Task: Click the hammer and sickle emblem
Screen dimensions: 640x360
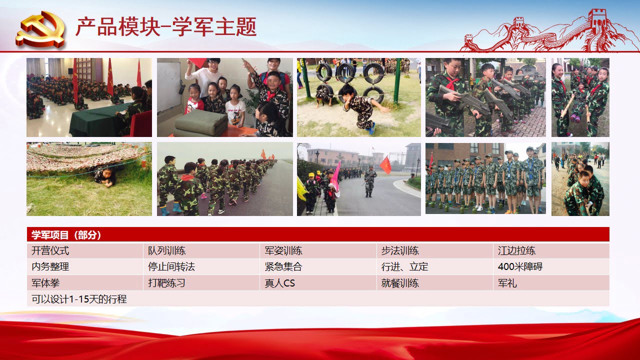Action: pyautogui.click(x=40, y=29)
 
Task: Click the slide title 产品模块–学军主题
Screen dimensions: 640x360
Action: pyautogui.click(x=166, y=27)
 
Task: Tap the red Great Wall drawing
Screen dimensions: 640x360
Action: pyautogui.click(x=548, y=31)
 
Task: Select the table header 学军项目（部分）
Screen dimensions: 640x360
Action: pyautogui.click(x=66, y=235)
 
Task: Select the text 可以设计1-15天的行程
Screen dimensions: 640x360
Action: pyautogui.click(x=79, y=299)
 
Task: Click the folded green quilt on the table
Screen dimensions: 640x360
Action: pyautogui.click(x=200, y=123)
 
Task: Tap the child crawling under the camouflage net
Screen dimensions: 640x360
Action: pyautogui.click(x=105, y=176)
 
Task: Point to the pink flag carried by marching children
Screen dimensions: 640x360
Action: pyautogui.click(x=335, y=178)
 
